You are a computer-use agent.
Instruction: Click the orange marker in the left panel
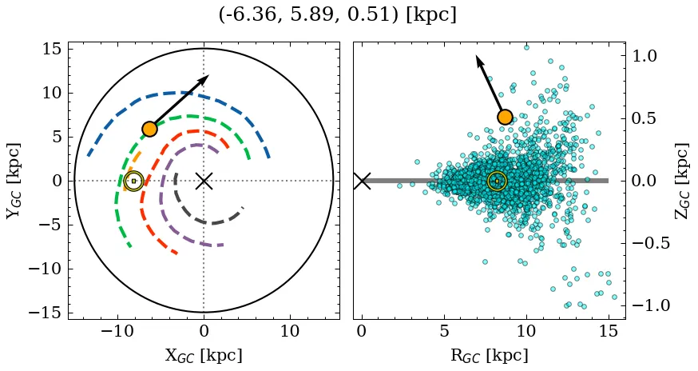click(149, 129)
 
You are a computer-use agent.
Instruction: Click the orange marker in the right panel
click(505, 117)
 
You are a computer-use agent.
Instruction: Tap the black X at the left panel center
click(204, 181)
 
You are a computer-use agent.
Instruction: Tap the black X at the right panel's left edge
click(362, 181)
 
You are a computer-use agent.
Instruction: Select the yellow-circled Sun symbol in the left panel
click(133, 182)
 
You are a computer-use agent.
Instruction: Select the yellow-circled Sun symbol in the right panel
click(497, 182)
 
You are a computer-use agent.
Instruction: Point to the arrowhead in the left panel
click(205, 78)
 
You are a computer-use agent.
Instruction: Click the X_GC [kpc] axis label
click(203, 355)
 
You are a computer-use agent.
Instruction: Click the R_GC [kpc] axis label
click(489, 355)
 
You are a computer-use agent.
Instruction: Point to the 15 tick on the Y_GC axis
click(51, 49)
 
